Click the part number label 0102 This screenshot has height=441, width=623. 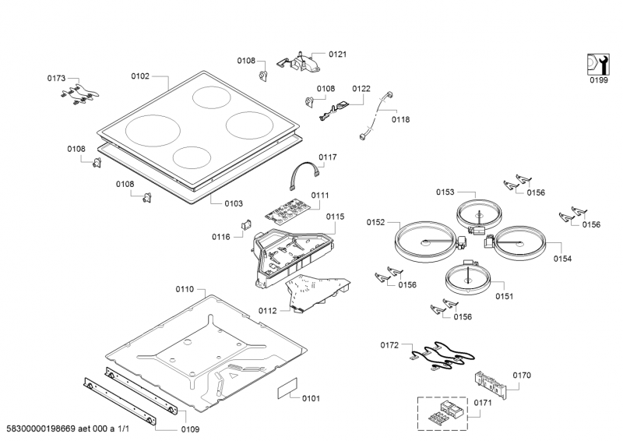coord(140,76)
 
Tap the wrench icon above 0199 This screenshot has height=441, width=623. coord(597,64)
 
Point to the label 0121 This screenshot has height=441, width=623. coord(337,54)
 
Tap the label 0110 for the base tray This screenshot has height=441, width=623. coord(185,289)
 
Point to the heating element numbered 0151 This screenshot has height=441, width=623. coord(467,279)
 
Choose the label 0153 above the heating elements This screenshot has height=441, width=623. coord(445,192)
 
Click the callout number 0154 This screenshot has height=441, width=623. coord(562,258)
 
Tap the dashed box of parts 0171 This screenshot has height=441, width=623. coord(445,412)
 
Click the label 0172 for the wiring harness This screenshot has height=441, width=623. coord(389,344)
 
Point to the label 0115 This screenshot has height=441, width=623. coord(335,217)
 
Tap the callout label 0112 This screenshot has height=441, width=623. coord(268,310)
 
